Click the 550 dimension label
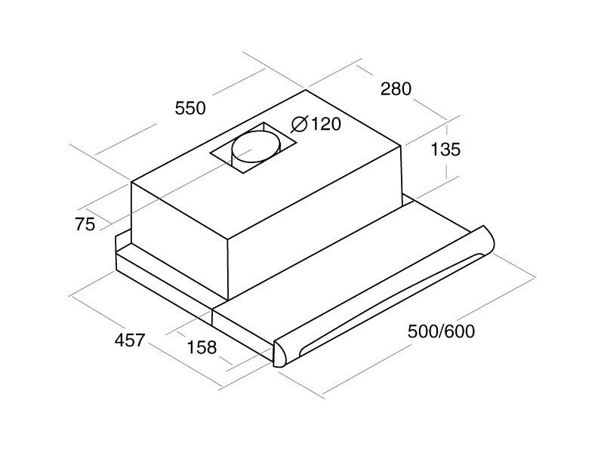pyautogui.click(x=190, y=108)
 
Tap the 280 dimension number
pyautogui.click(x=396, y=89)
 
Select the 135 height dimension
pyautogui.click(x=445, y=149)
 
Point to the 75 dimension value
pyautogui.click(x=85, y=224)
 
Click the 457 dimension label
pyautogui.click(x=129, y=340)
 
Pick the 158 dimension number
pyautogui.click(x=201, y=348)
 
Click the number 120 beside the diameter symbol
pyautogui.click(x=325, y=125)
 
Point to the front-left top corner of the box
pyautogui.click(x=132, y=182)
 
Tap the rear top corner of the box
pyautogui.click(x=306, y=91)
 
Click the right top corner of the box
pyautogui.click(x=401, y=144)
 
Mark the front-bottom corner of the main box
pyautogui.click(x=228, y=299)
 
